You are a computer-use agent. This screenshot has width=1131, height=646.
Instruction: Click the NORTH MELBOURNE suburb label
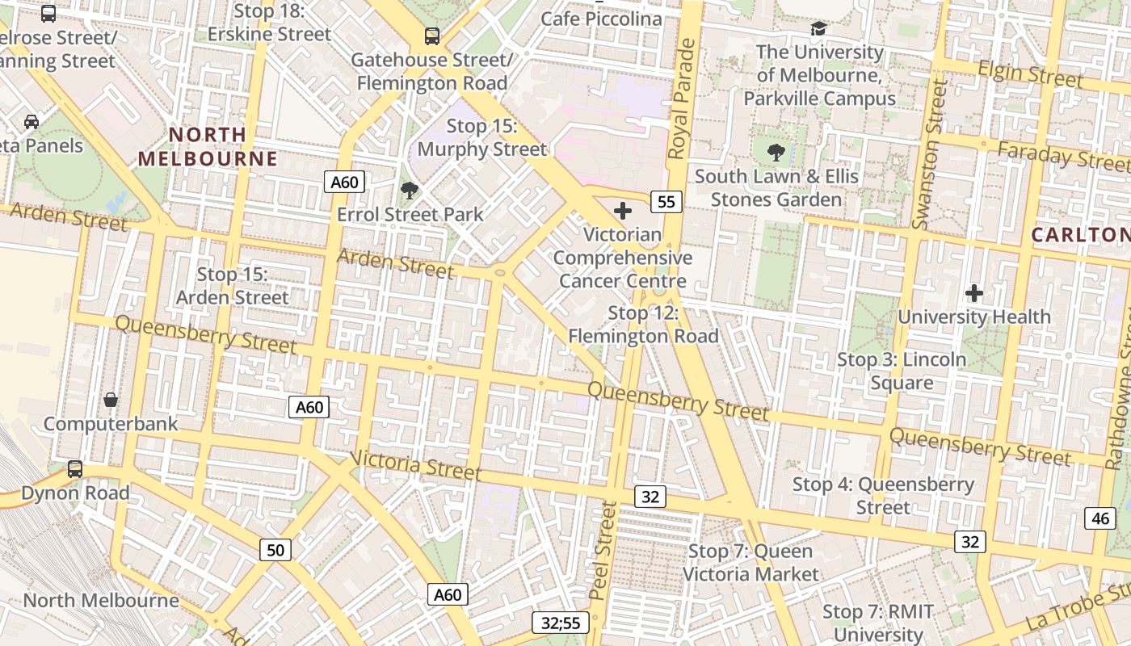[208, 146]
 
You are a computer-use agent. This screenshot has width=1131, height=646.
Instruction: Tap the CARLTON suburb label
[1080, 235]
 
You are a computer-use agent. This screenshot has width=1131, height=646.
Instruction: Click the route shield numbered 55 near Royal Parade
[666, 202]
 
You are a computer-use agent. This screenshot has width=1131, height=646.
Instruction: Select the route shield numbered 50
[275, 550]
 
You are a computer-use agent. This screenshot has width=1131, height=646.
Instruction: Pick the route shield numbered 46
[1100, 518]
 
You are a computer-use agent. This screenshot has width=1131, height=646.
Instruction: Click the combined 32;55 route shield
[561, 623]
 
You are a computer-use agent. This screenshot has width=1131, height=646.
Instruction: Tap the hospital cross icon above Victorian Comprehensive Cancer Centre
[623, 212]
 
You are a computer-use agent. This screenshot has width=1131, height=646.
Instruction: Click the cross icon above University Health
[974, 293]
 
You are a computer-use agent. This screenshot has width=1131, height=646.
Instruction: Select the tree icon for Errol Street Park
[410, 191]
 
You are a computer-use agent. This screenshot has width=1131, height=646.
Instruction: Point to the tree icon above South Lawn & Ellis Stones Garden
[776, 152]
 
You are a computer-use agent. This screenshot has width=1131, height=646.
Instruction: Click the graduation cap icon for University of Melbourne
[819, 29]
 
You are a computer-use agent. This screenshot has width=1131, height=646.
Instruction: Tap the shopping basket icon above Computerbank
[111, 400]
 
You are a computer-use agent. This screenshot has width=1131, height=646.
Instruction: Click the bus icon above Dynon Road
[75, 468]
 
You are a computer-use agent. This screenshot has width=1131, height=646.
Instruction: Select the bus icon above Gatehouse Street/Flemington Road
[432, 36]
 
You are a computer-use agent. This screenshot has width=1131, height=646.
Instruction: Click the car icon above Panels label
[32, 122]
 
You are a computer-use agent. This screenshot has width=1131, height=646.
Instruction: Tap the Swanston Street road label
[929, 153]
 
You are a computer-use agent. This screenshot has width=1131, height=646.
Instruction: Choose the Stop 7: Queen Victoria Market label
[750, 563]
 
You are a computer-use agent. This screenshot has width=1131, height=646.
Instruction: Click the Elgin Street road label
[1030, 74]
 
